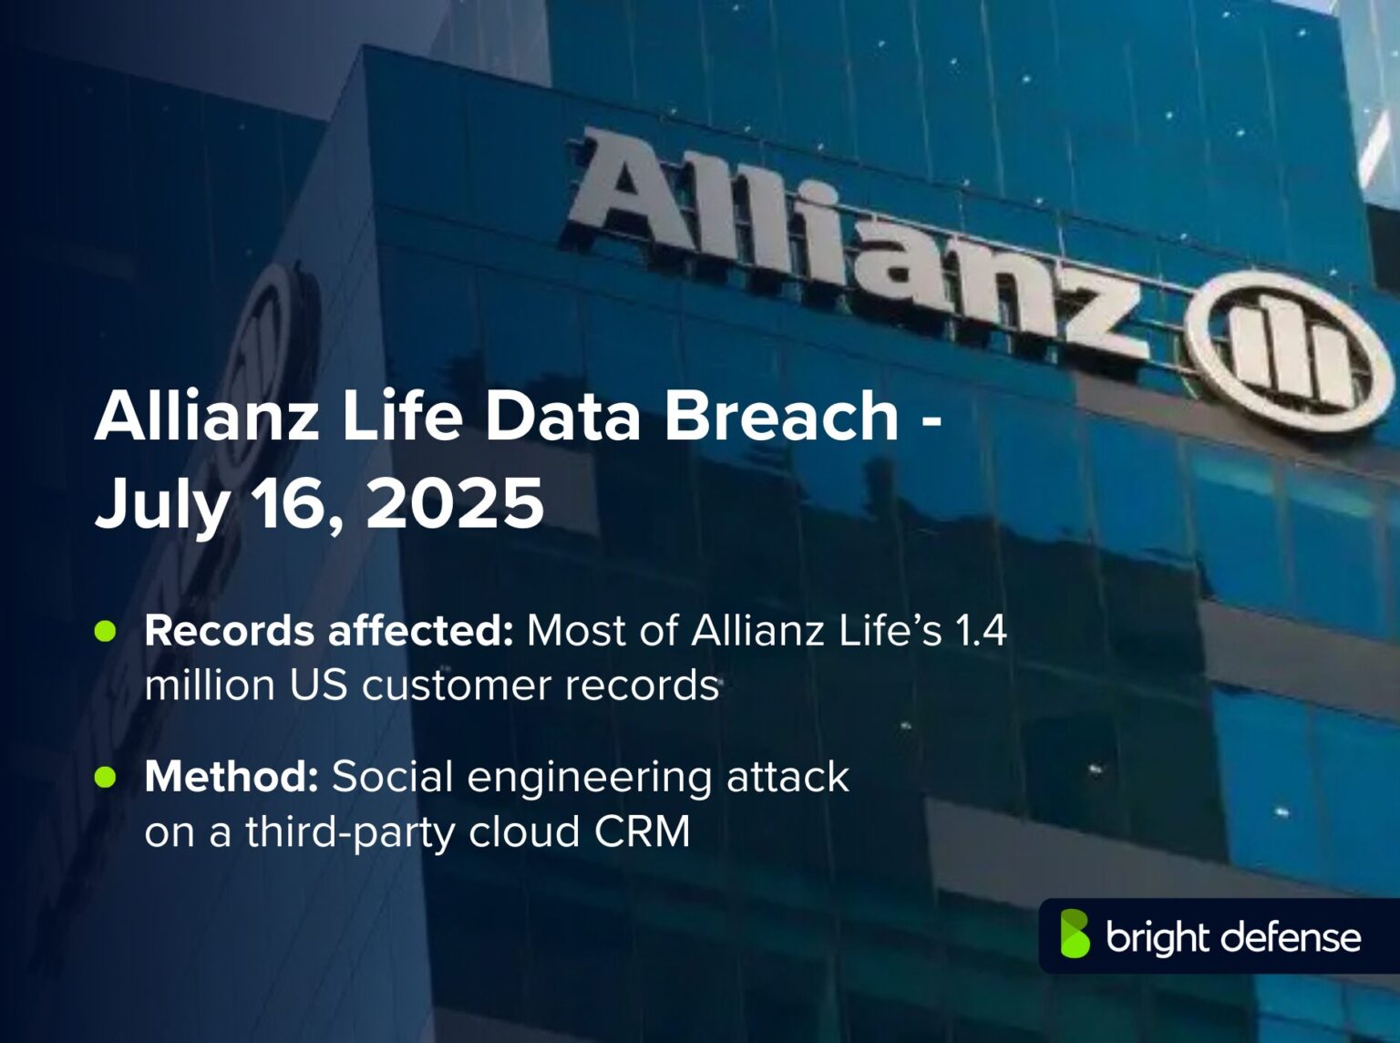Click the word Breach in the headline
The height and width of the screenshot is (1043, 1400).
[782, 416]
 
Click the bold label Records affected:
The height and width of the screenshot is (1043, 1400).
[329, 631]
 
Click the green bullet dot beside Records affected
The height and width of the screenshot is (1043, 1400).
[106, 631]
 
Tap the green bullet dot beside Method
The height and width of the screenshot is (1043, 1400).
[106, 777]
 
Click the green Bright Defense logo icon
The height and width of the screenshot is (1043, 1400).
[1075, 935]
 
